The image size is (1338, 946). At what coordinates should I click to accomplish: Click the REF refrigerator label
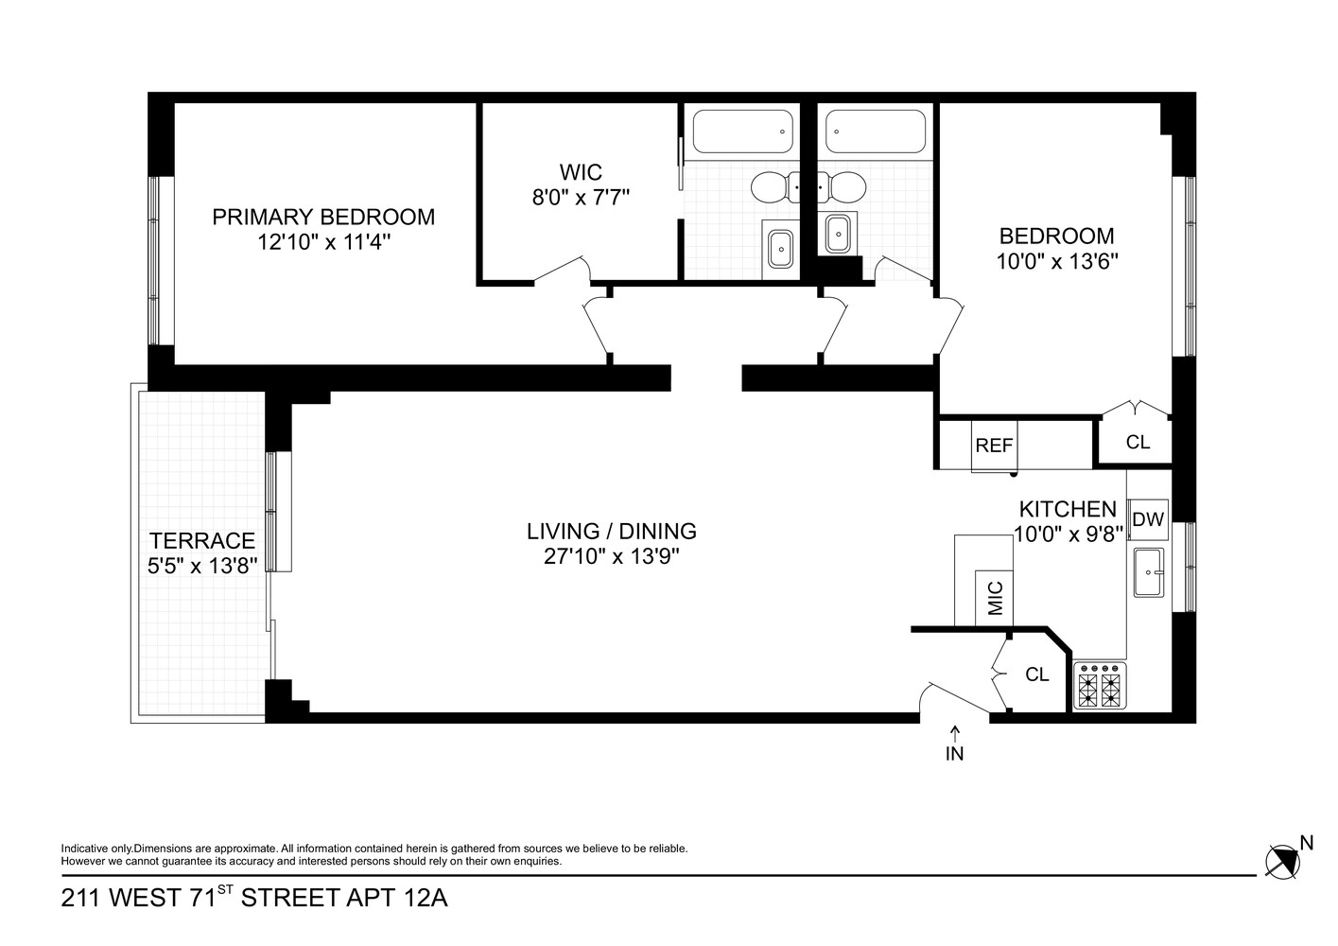coord(994,446)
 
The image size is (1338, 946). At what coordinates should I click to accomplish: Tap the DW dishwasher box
coord(1148,518)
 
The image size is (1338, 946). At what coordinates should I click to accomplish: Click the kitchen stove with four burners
coord(1101,685)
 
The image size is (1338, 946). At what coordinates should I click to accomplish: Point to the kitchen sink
coord(1150,572)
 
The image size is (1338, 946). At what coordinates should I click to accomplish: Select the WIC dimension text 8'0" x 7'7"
coord(581,197)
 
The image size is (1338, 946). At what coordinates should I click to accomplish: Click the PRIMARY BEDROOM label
coord(323,217)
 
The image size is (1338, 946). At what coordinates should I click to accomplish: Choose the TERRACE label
coord(202,540)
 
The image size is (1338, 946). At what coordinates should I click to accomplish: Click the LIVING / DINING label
coord(612,531)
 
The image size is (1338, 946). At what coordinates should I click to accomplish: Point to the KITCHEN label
coord(1068,509)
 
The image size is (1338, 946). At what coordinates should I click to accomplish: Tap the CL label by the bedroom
coord(1138,442)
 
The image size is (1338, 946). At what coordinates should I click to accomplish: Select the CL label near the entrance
coord(1037,674)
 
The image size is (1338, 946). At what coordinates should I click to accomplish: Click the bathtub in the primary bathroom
coord(742,132)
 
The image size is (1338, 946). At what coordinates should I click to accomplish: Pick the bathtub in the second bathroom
coord(875,131)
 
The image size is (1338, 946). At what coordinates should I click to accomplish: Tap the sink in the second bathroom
coord(837,233)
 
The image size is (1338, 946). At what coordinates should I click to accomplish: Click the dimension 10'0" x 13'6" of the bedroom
coord(1057,261)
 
